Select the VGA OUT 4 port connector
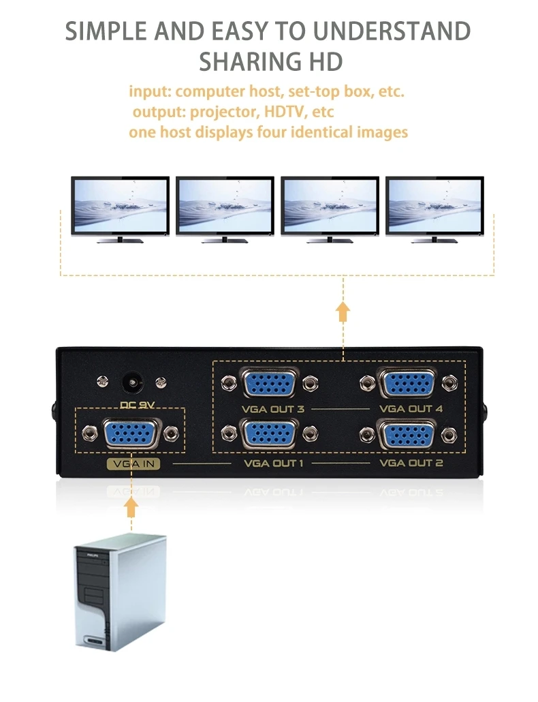(x=408, y=384)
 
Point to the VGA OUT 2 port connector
(x=408, y=433)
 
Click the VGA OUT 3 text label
(x=273, y=409)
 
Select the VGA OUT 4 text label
(x=411, y=409)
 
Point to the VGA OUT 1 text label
(x=272, y=463)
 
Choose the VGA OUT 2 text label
(x=411, y=463)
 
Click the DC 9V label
(x=138, y=403)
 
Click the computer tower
(x=120, y=590)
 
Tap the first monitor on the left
(x=120, y=208)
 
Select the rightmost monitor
(x=434, y=208)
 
